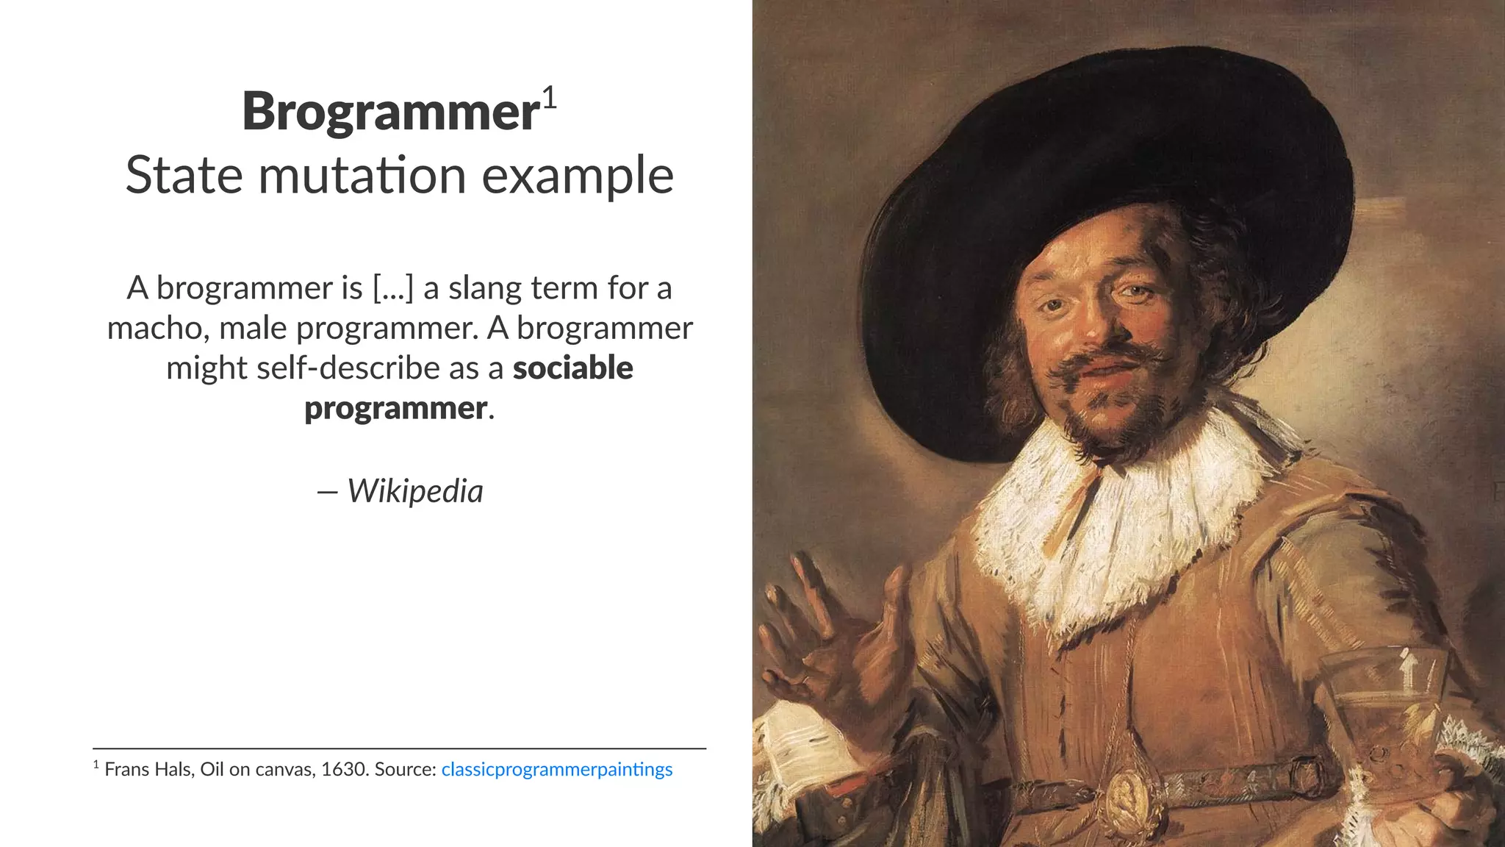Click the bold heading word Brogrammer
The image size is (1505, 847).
(x=391, y=112)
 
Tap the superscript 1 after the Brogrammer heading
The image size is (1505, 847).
(x=550, y=98)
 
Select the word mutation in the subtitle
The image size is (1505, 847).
(x=362, y=176)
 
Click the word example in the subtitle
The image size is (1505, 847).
(x=578, y=177)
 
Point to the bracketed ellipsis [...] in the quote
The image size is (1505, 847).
(x=392, y=288)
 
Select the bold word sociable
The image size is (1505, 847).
(x=572, y=368)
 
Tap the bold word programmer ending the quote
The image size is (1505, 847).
(x=396, y=408)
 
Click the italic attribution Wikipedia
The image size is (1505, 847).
(x=415, y=491)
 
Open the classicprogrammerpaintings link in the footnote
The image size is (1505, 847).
(x=556, y=769)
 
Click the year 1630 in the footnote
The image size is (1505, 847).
(x=345, y=769)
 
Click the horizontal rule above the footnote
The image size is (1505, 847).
(x=399, y=748)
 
